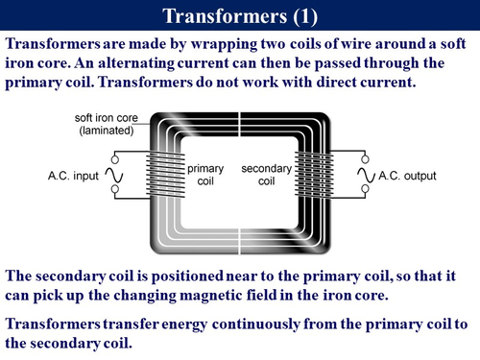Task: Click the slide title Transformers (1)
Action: (x=240, y=16)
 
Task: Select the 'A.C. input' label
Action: (x=73, y=177)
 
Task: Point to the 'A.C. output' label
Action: (x=407, y=177)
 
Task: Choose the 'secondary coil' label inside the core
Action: (x=260, y=176)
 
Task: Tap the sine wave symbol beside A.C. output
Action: (x=364, y=177)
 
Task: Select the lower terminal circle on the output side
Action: (x=364, y=196)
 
